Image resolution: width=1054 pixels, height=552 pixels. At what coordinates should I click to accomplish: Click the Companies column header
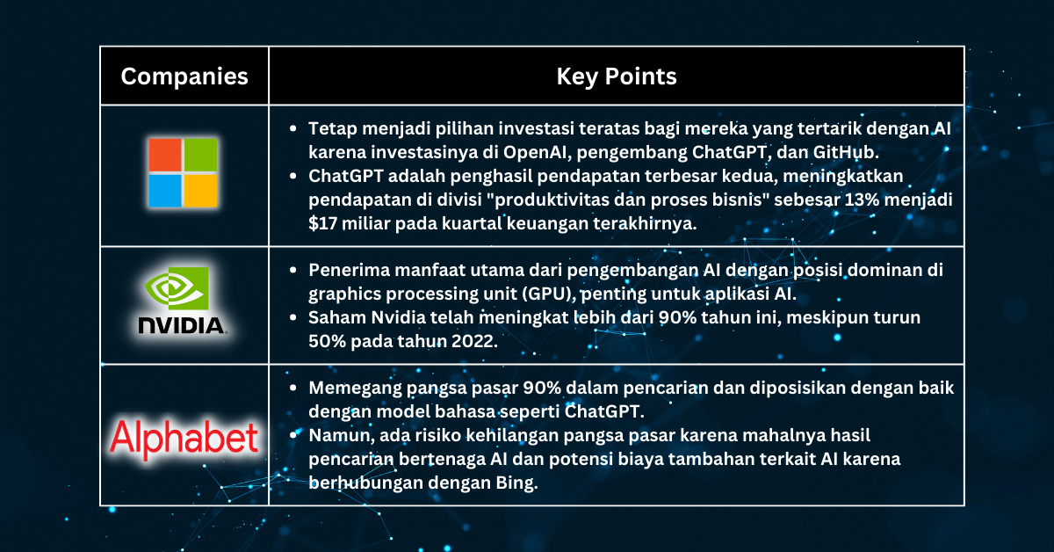click(184, 76)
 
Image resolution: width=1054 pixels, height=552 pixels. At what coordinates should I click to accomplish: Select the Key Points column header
click(617, 76)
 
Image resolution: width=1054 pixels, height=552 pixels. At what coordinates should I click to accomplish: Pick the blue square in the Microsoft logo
click(163, 191)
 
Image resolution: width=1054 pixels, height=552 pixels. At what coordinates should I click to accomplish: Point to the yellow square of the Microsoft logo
click(201, 191)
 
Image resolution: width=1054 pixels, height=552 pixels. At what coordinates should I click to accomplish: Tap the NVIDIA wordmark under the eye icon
click(182, 326)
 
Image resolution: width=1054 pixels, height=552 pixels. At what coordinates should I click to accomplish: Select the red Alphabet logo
click(184, 437)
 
